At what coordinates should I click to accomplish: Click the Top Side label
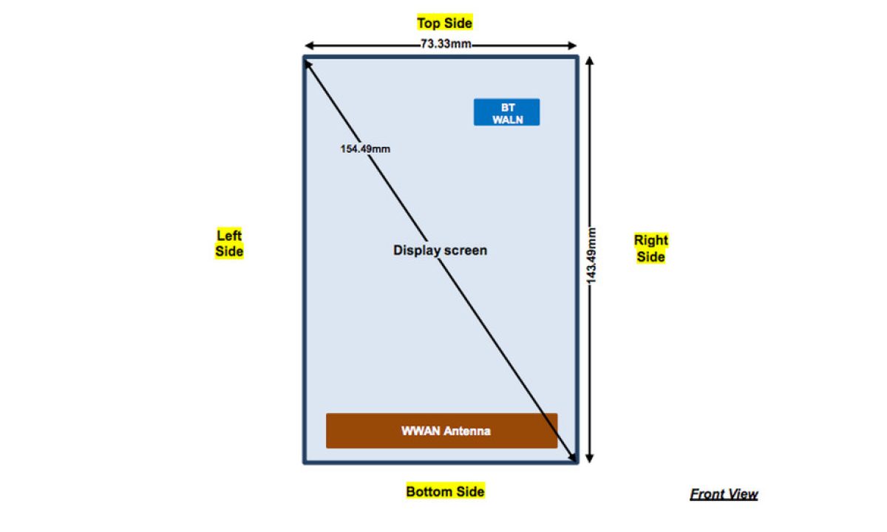[x=444, y=23]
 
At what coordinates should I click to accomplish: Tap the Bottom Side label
[x=445, y=491]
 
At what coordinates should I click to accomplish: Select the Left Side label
[x=229, y=244]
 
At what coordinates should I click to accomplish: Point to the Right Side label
[x=650, y=248]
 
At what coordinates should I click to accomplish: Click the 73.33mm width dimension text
[x=446, y=44]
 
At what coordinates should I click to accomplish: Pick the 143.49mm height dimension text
[x=591, y=256]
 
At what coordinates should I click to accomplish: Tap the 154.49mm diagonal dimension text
[x=365, y=149]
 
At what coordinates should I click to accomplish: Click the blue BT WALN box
[x=506, y=112]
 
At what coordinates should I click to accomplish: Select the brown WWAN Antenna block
[x=441, y=431]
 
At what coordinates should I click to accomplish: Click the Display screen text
[x=440, y=250]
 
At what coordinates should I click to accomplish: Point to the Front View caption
[x=724, y=494]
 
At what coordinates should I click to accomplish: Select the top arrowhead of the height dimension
[x=590, y=61]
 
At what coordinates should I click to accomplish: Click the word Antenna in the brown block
[x=467, y=431]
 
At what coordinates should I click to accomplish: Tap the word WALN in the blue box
[x=507, y=119]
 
